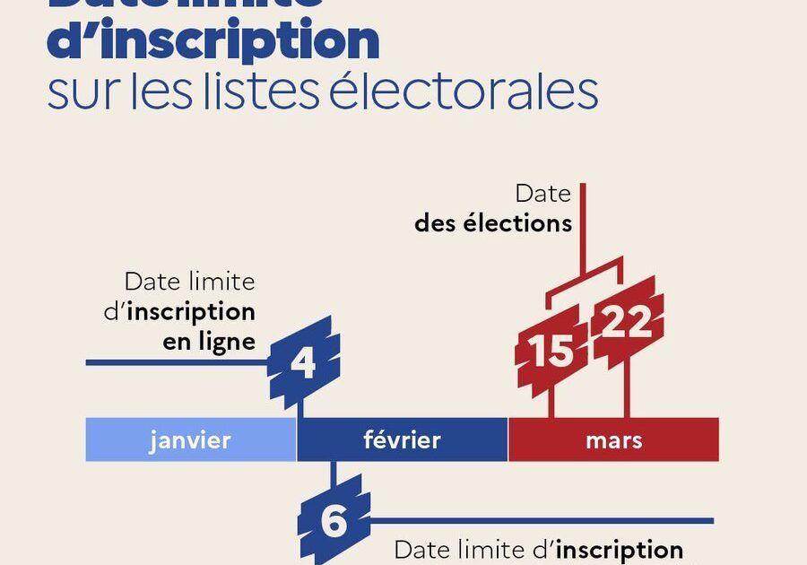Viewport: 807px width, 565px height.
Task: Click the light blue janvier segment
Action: (x=190, y=439)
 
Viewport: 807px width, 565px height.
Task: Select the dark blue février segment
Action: (x=402, y=439)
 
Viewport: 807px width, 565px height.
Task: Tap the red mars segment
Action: (x=613, y=439)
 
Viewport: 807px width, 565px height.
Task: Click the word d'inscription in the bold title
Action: (x=213, y=40)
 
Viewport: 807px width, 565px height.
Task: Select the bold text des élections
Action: (x=493, y=222)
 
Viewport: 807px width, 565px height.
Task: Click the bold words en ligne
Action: (x=209, y=342)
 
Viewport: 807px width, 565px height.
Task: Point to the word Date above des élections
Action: (x=543, y=194)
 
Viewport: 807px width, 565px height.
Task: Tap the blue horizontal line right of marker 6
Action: (x=538, y=520)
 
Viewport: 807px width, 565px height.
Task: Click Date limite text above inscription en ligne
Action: (x=189, y=282)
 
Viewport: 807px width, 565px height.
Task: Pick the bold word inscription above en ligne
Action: (x=191, y=312)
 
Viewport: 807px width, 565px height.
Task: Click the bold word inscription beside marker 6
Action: (x=619, y=549)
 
